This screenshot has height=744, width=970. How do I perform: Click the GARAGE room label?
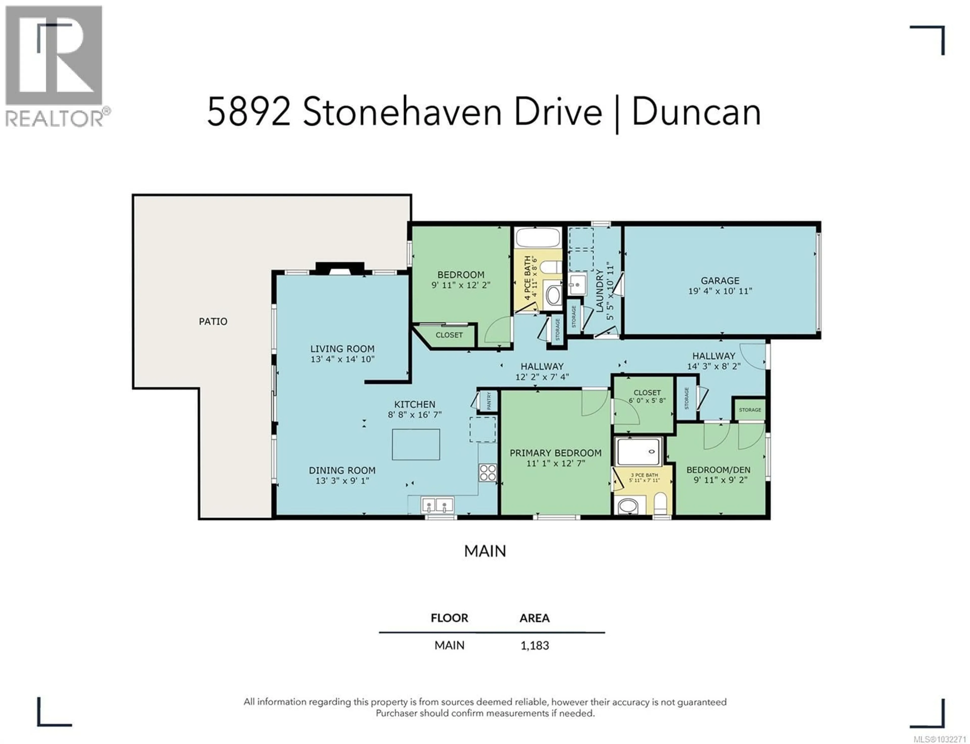point(719,280)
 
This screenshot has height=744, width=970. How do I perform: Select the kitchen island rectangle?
point(416,444)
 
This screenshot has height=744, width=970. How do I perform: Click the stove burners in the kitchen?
point(487,473)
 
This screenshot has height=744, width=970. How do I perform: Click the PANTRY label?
point(489,401)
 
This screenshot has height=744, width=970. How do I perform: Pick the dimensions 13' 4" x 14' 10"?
point(342,359)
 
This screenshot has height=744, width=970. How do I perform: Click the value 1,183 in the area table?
point(535,645)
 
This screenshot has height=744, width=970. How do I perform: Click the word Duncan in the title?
point(696,112)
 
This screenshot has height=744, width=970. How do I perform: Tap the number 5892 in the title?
point(249,112)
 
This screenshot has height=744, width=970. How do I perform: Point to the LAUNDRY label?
point(600,291)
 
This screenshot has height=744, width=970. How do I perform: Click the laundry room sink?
point(577,283)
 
